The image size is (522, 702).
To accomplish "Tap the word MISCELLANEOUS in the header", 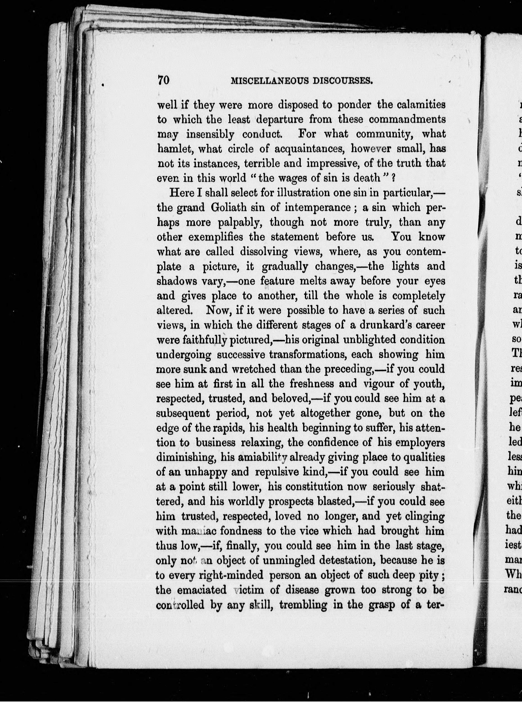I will pos(268,81).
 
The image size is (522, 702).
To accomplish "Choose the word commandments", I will pos(407,119).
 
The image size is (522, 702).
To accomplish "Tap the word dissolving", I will pos(264,252).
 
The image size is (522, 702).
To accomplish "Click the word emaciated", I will pos(202,590).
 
